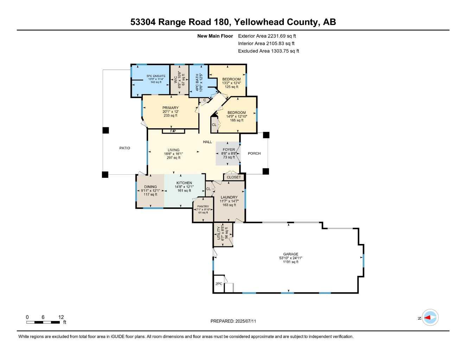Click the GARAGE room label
(x=291, y=254)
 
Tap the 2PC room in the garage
(x=219, y=284)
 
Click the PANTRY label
(x=203, y=207)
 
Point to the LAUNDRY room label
(x=229, y=197)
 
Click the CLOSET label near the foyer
(x=234, y=177)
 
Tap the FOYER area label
(x=229, y=150)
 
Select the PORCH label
(x=254, y=153)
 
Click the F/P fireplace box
(x=173, y=131)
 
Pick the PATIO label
(x=125, y=148)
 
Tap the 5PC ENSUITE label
(x=156, y=76)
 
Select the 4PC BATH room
(x=199, y=82)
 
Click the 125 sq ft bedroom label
(x=231, y=79)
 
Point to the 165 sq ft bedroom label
(x=237, y=113)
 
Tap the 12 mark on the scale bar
(x=61, y=317)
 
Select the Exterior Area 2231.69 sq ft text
(x=267, y=36)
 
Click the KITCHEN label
(x=184, y=183)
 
